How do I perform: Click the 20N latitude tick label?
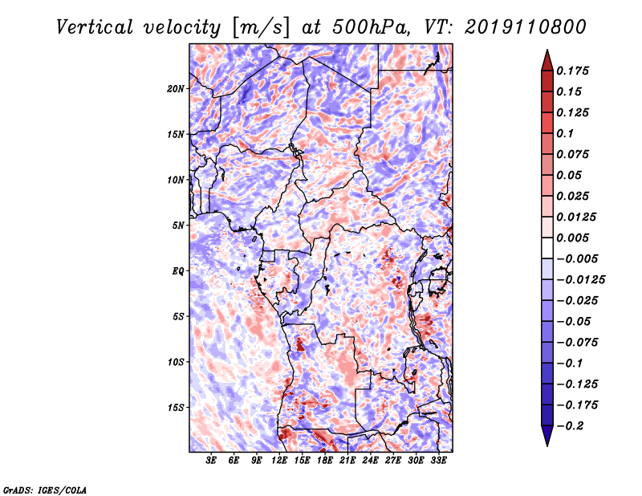click(176, 89)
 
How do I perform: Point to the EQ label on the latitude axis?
click(178, 271)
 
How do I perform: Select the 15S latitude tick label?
click(176, 408)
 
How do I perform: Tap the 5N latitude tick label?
click(178, 226)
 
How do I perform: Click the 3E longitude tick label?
click(211, 461)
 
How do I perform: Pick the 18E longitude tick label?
click(325, 461)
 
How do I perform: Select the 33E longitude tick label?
click(438, 461)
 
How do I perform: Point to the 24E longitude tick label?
click(370, 461)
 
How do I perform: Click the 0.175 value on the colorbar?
click(573, 71)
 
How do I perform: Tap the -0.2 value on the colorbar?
click(571, 426)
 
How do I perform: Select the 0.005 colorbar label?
click(573, 238)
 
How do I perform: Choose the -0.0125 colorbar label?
click(581, 280)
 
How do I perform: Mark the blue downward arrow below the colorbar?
click(547, 435)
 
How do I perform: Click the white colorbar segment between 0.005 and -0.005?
click(547, 248)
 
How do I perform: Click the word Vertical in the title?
click(94, 27)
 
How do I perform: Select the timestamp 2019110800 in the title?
click(526, 27)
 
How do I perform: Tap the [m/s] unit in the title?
click(261, 27)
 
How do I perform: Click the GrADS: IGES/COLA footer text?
click(45, 490)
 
